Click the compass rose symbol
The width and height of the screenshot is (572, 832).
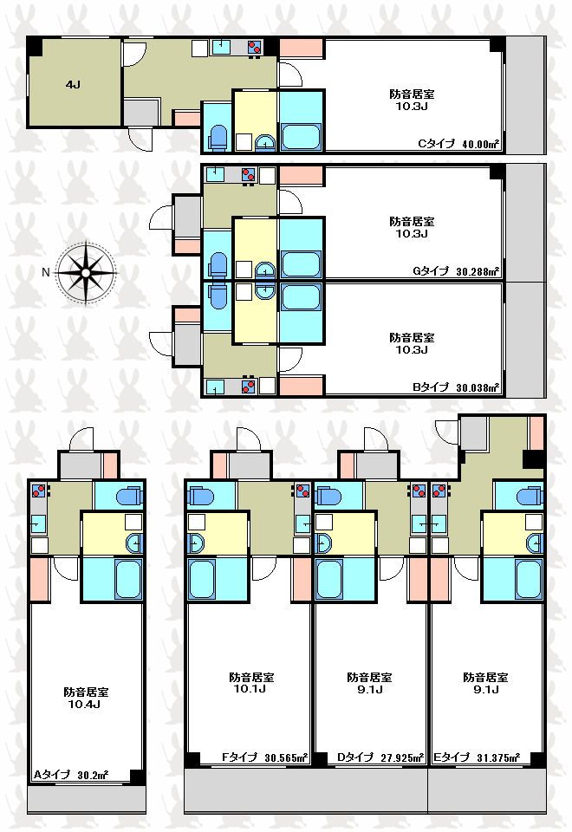tap(86, 273)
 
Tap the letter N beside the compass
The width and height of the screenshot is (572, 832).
tap(46, 272)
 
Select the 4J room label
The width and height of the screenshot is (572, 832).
tap(73, 84)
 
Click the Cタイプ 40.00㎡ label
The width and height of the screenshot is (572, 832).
tap(458, 143)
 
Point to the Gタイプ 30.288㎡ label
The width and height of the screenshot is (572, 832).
tap(456, 271)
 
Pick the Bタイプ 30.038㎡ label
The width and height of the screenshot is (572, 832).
tap(456, 387)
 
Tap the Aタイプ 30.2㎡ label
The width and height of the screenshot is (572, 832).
tap(71, 775)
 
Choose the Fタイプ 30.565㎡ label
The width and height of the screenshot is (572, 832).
tap(265, 757)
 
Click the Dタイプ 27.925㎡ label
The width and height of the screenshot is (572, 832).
tap(380, 757)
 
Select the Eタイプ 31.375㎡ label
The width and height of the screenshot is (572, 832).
tap(477, 757)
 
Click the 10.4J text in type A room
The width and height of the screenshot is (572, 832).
tap(84, 705)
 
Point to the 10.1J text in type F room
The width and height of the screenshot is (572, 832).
tap(250, 689)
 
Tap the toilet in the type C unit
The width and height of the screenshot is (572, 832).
tap(218, 137)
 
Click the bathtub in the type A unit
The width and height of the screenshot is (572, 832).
tap(127, 579)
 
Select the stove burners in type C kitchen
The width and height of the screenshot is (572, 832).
tap(255, 47)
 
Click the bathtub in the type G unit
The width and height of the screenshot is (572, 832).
tap(301, 263)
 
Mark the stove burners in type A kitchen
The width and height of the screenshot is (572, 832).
tap(38, 491)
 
